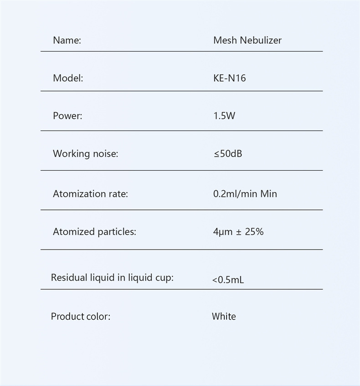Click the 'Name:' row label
tap(67, 40)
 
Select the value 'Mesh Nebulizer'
tap(247, 40)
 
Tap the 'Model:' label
tap(68, 78)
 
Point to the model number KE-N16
tap(229, 78)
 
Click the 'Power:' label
tap(67, 116)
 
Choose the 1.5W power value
tap(224, 116)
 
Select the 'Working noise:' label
tap(85, 154)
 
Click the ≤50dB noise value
tap(227, 154)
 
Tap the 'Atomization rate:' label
tap(90, 194)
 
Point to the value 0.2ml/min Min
tap(245, 194)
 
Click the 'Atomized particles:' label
tap(94, 232)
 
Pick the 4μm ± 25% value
tap(238, 232)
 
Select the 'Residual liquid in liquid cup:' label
tap(112, 277)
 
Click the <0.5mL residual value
tap(228, 280)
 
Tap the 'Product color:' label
tap(80, 317)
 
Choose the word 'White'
tap(224, 317)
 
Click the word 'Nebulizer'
tap(261, 40)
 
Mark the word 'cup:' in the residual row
tap(164, 278)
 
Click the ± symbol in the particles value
tap(238, 232)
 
